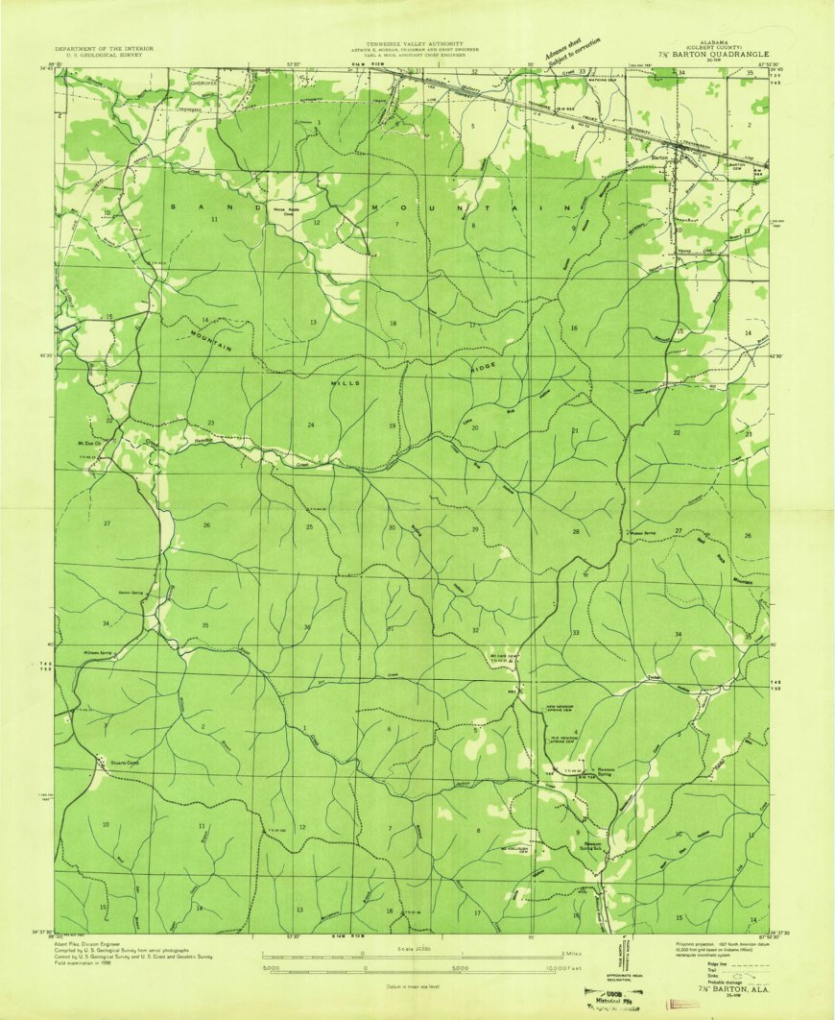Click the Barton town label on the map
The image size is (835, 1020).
point(659,157)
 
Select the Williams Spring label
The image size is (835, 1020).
point(98,652)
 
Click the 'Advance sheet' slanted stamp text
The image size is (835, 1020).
point(560,54)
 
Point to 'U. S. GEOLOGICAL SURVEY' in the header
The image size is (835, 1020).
point(96,56)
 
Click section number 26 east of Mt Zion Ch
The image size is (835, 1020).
point(206,525)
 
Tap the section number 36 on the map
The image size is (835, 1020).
point(307,627)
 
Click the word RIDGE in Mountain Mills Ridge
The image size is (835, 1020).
point(485,367)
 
